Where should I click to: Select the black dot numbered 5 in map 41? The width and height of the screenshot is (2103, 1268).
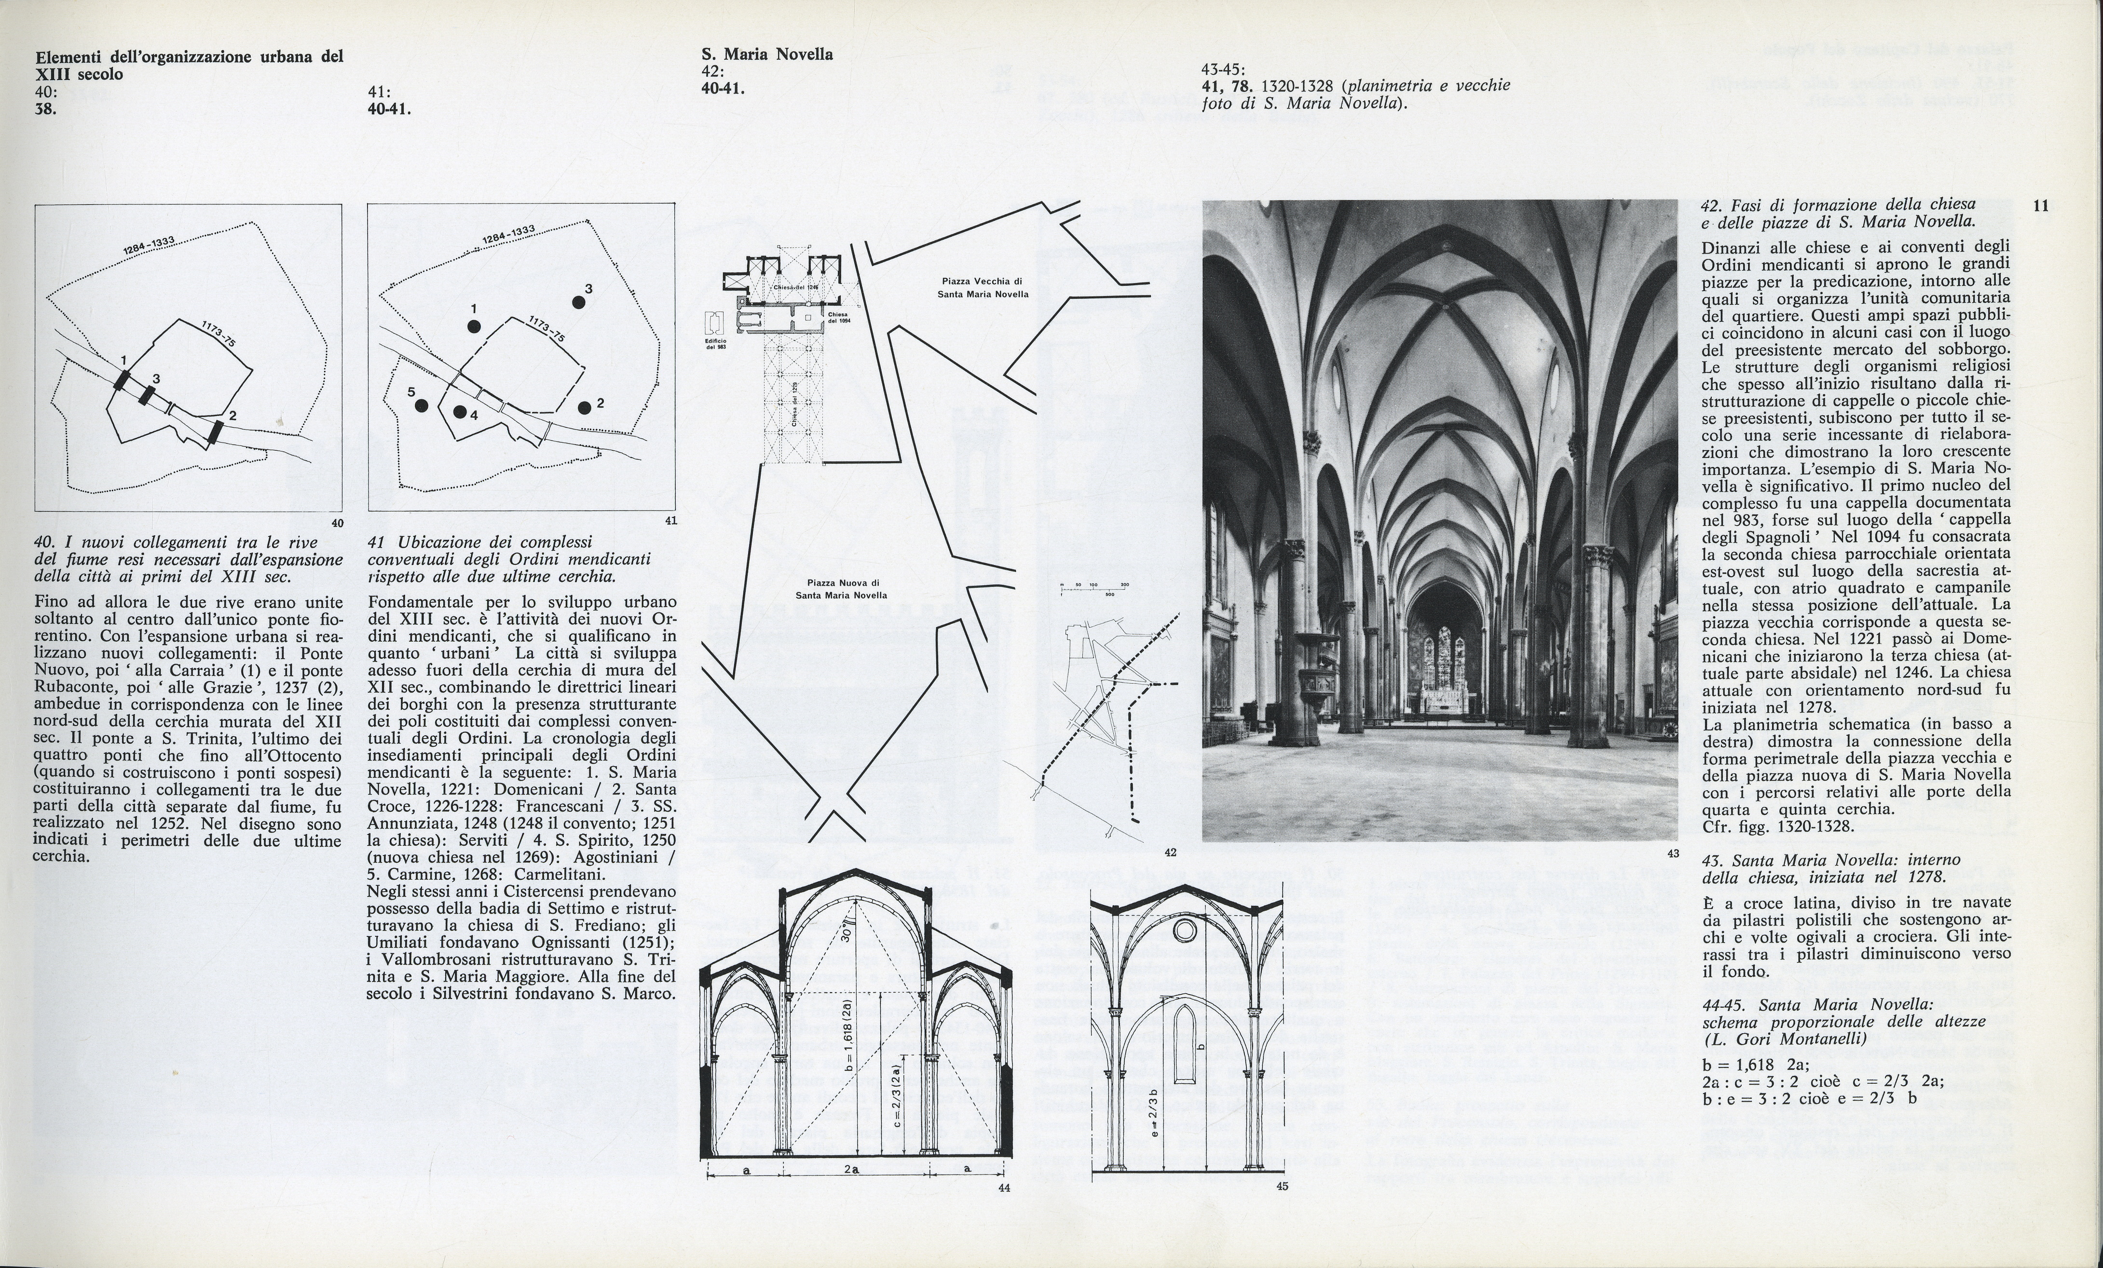[421, 406]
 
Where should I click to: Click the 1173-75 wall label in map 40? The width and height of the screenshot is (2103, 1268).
[219, 333]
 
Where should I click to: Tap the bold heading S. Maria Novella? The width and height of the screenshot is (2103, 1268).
[766, 54]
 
